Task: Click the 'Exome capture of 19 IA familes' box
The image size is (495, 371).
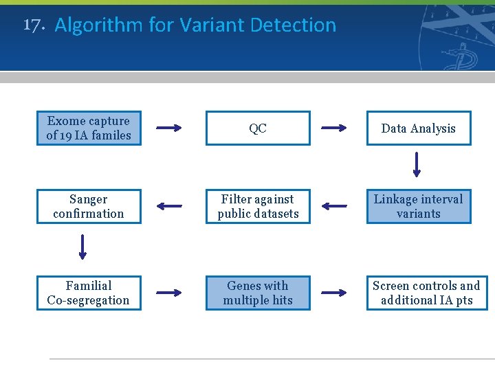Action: (88, 128)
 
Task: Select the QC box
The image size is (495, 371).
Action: (258, 128)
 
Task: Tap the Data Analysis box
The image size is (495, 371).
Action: (418, 128)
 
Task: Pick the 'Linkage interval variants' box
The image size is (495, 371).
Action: (418, 206)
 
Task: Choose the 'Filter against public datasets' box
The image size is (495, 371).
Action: (258, 206)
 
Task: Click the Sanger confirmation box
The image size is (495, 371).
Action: (88, 206)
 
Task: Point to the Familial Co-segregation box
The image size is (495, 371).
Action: (88, 293)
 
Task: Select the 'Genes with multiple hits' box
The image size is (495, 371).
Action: (258, 293)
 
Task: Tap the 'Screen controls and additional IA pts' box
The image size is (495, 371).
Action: (426, 293)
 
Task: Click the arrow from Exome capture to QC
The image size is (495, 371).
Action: (168, 128)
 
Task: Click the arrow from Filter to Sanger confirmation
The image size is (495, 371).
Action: (168, 206)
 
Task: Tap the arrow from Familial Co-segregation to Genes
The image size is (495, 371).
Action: (168, 293)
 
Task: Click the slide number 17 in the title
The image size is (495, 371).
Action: (34, 25)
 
